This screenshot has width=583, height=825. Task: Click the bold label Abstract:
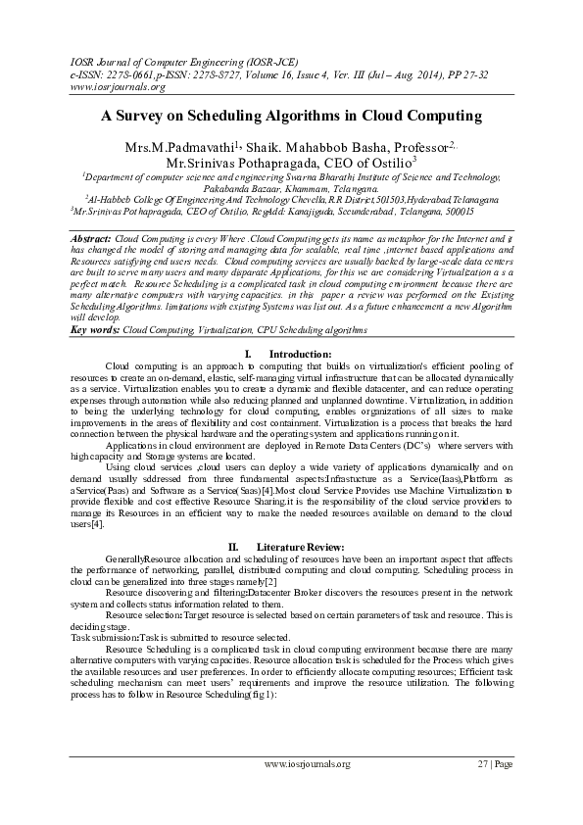click(x=92, y=239)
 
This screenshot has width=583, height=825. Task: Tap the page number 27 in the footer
click(x=482, y=764)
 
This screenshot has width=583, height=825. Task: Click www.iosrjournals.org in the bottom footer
click(x=308, y=764)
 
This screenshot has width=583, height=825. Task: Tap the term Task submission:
click(x=105, y=636)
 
